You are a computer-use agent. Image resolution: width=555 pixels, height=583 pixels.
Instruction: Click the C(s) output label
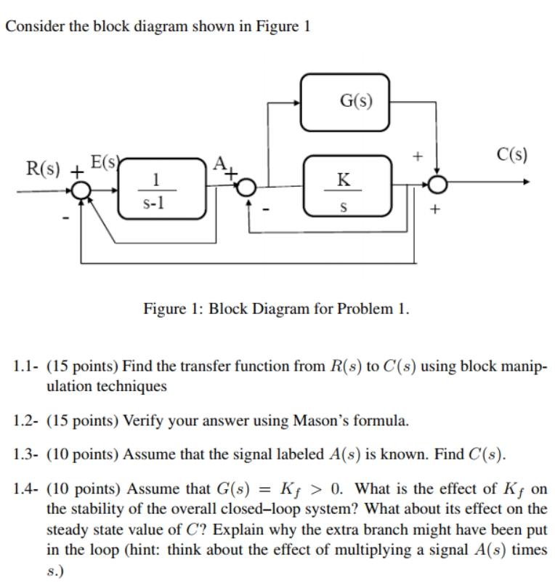(512, 155)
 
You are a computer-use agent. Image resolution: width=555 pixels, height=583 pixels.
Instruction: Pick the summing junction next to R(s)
(82, 190)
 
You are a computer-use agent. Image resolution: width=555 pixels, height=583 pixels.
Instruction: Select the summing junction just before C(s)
(437, 186)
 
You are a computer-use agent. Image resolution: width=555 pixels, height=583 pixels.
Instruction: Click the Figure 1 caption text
(276, 309)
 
